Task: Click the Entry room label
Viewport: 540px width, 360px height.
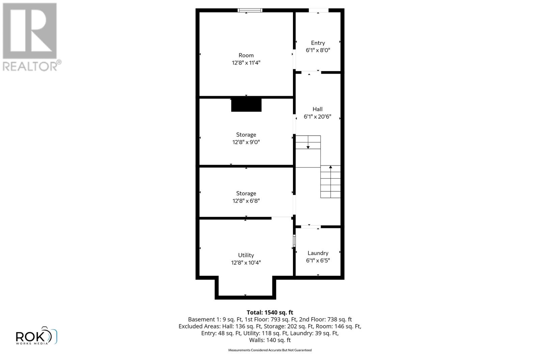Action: tap(318, 43)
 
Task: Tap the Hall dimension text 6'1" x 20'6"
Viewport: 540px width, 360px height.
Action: tap(317, 117)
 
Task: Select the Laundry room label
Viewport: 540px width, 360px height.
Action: tap(318, 253)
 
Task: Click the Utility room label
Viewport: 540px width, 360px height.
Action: tap(246, 255)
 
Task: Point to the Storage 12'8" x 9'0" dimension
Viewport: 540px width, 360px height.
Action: tap(246, 142)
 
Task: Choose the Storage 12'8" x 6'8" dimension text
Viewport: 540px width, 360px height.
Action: tap(246, 201)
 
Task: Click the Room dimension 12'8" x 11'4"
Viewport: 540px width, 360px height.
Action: tap(246, 63)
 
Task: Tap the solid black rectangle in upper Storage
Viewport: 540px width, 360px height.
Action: tap(246, 105)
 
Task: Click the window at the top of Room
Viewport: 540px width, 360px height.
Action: tap(250, 10)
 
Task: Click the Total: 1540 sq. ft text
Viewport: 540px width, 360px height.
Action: tap(270, 312)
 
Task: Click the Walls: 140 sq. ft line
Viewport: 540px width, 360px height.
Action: tap(270, 340)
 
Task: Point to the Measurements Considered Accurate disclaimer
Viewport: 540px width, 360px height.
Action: tap(270, 350)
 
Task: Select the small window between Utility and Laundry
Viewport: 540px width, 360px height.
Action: tap(294, 241)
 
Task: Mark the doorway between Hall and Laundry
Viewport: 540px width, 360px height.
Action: tap(310, 226)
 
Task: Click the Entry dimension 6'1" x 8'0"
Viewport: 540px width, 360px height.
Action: tap(318, 50)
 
